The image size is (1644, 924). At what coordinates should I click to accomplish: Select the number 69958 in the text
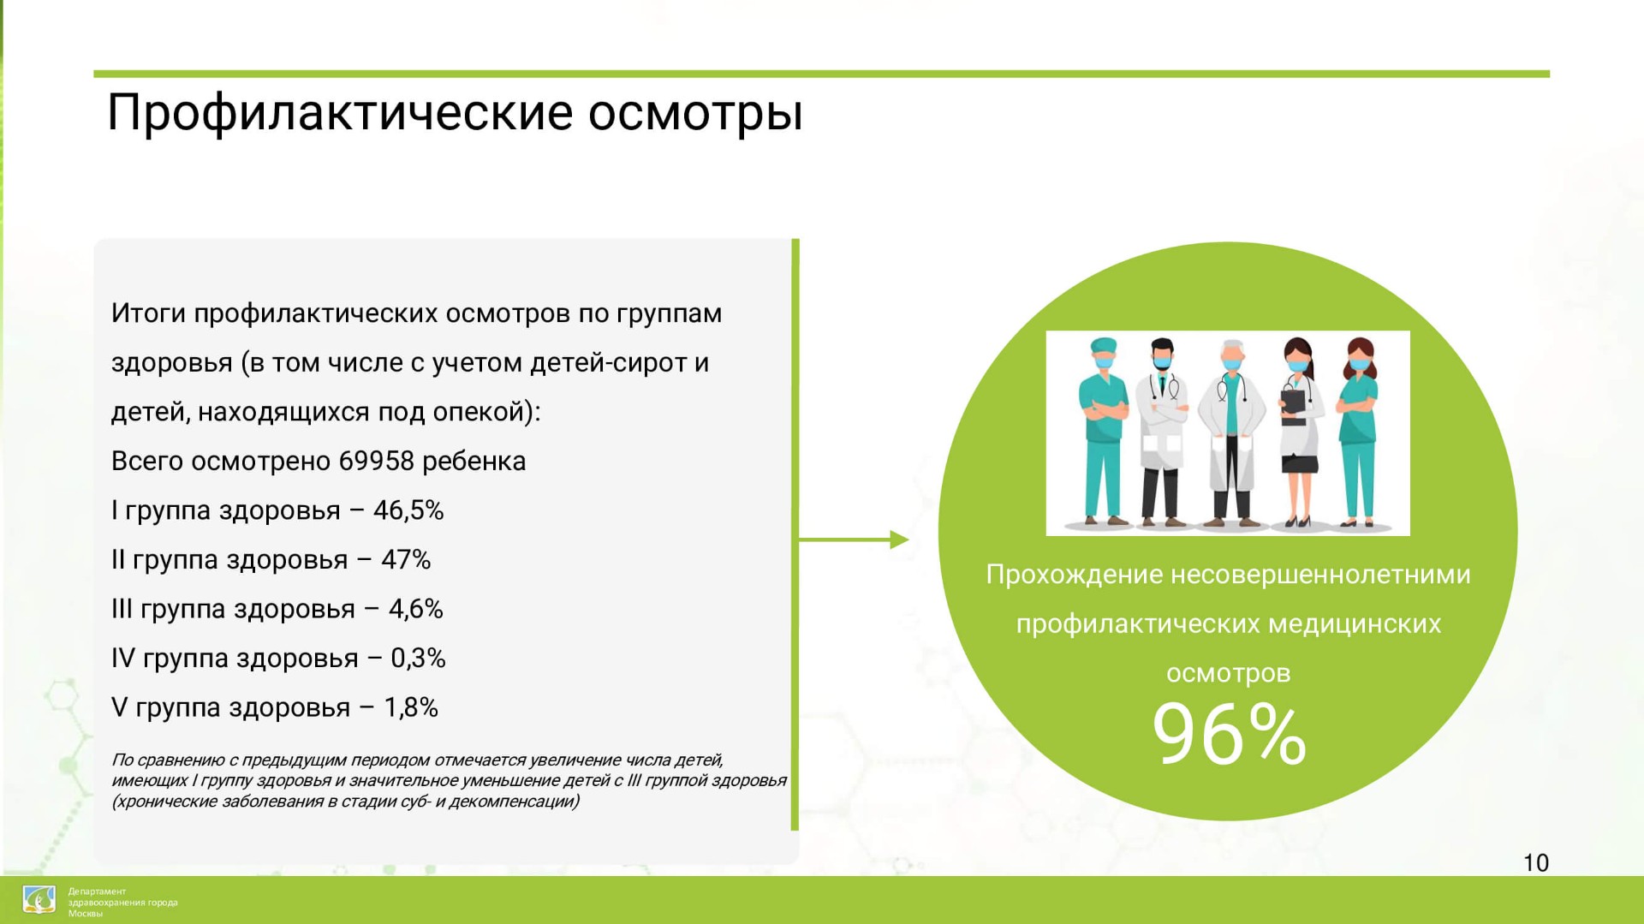point(376,462)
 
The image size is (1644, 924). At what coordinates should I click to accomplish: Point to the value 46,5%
point(408,511)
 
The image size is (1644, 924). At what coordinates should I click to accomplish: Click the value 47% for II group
point(406,560)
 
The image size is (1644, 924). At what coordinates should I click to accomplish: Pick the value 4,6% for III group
point(416,610)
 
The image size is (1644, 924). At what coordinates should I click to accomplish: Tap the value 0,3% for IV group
point(418,659)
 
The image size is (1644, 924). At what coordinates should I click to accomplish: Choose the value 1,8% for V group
point(411,708)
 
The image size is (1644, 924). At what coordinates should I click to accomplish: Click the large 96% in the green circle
point(1229,734)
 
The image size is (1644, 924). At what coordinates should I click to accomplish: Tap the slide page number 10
point(1536,862)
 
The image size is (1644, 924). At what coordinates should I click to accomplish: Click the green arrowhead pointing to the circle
point(899,539)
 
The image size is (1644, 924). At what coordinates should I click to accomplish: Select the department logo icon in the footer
point(39,900)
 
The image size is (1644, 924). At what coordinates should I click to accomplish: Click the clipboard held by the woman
point(1293,404)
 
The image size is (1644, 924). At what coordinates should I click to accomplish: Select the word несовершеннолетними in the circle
point(1320,575)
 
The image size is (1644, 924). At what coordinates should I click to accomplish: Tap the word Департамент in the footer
point(97,891)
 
